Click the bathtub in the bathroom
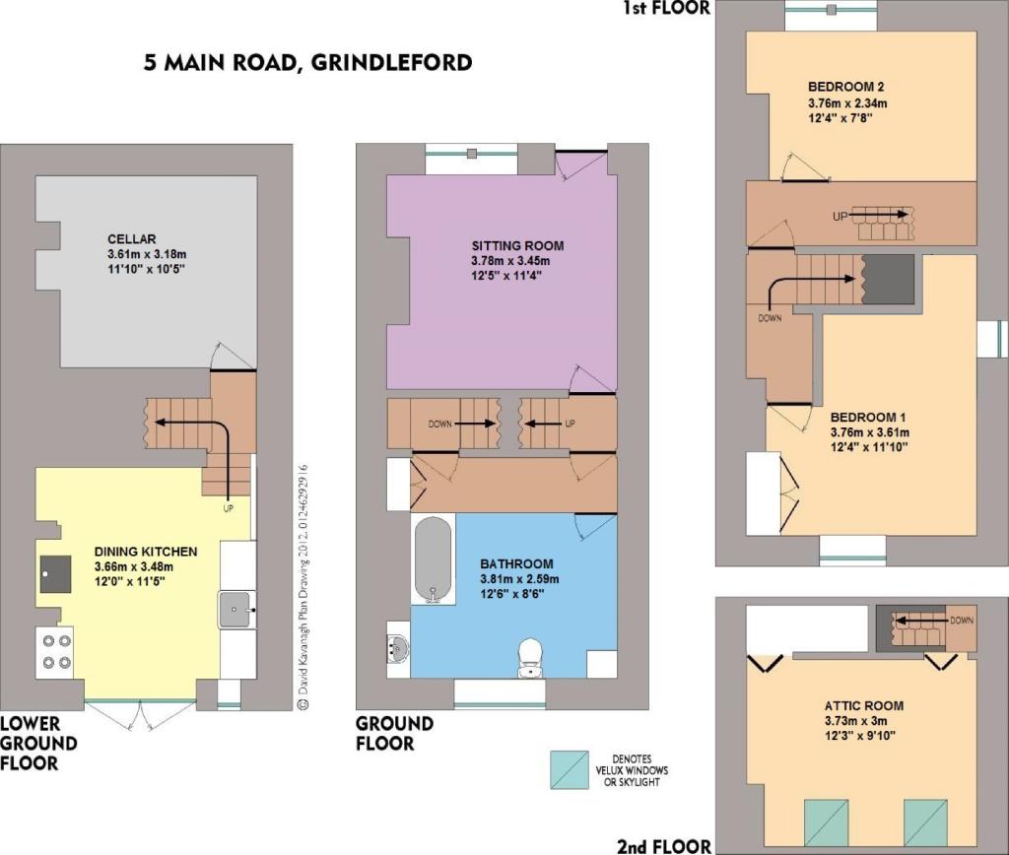pyautogui.click(x=434, y=559)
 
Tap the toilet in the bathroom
pyautogui.click(x=531, y=657)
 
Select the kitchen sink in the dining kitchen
pyautogui.click(x=235, y=610)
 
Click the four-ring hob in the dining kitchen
pyautogui.click(x=56, y=651)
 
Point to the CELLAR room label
pyautogui.click(x=132, y=238)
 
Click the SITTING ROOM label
pyautogui.click(x=517, y=245)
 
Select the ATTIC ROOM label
pyautogui.click(x=864, y=705)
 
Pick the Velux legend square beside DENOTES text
pyautogui.click(x=570, y=769)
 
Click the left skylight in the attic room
pyautogui.click(x=827, y=822)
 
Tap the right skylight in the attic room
pyautogui.click(x=925, y=822)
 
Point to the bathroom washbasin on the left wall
pyautogui.click(x=398, y=646)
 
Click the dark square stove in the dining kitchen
pyautogui.click(x=55, y=574)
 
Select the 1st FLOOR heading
pyautogui.click(x=666, y=8)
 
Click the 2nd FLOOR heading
pyautogui.click(x=664, y=845)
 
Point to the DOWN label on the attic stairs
pyautogui.click(x=962, y=621)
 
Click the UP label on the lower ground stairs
pyautogui.click(x=228, y=508)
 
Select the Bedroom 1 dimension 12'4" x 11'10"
pyautogui.click(x=869, y=447)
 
